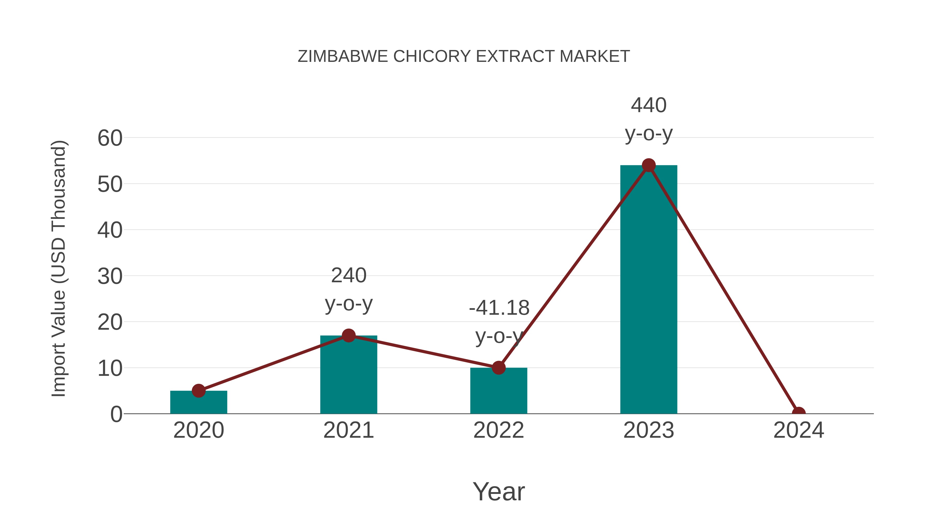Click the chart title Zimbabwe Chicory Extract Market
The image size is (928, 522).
click(464, 56)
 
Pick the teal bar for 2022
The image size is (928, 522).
click(499, 392)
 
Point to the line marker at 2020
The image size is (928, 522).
click(198, 391)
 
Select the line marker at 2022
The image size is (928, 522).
click(499, 368)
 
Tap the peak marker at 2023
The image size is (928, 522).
click(649, 165)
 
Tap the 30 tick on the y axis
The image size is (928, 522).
click(110, 276)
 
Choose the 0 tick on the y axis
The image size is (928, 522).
click(116, 414)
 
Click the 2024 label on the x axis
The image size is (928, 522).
click(799, 430)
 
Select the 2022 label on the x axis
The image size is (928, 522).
click(499, 430)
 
